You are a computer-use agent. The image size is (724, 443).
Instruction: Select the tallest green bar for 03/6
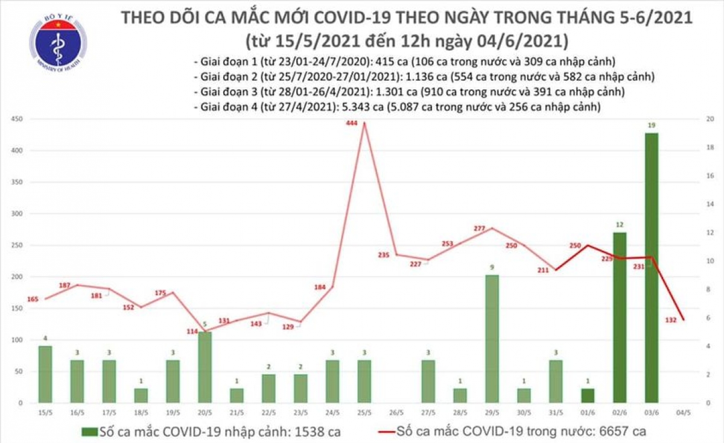tap(651, 268)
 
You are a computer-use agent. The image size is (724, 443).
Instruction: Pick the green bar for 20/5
tap(205, 367)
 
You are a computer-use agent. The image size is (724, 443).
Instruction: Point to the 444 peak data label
tap(352, 124)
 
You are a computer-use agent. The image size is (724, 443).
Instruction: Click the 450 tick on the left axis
tap(18, 119)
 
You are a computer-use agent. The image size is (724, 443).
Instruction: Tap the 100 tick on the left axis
tap(18, 340)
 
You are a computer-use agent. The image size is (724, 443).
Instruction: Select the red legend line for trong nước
tap(383, 432)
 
